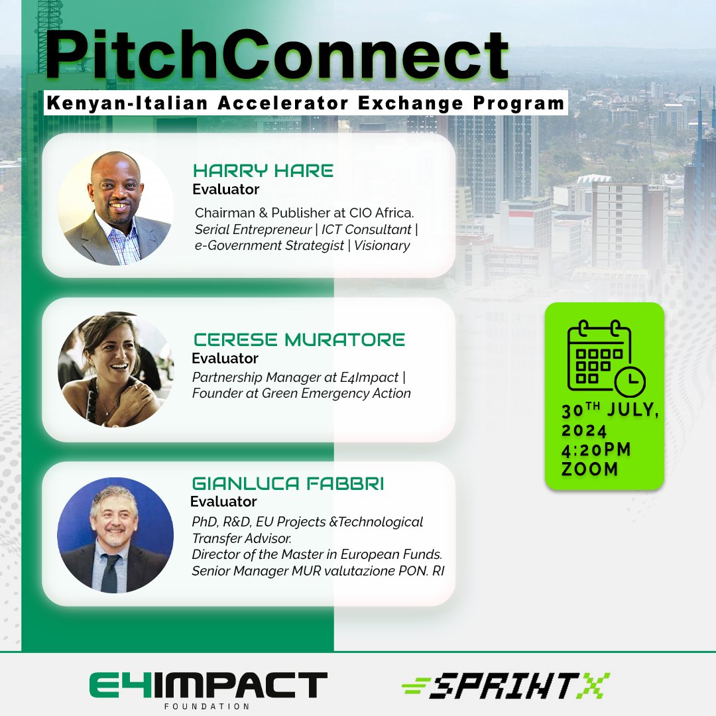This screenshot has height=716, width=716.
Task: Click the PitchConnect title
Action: point(276,56)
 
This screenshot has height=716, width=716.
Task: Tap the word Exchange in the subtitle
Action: point(410,103)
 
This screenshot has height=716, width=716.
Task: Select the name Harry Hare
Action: point(263,171)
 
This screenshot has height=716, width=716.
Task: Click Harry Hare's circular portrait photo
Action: point(116,208)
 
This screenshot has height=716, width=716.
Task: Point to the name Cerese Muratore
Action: point(299,339)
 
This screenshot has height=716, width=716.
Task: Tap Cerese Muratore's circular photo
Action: point(116,369)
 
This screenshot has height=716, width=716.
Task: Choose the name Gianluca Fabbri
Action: point(288,483)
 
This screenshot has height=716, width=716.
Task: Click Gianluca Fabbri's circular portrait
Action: point(115,535)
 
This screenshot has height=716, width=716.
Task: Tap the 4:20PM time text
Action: point(596,450)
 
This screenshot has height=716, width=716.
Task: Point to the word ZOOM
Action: point(589,469)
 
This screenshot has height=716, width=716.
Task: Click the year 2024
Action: point(584,431)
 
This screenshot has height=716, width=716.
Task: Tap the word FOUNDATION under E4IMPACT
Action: point(208,706)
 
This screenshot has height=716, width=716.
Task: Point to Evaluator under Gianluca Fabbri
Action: point(223,501)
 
